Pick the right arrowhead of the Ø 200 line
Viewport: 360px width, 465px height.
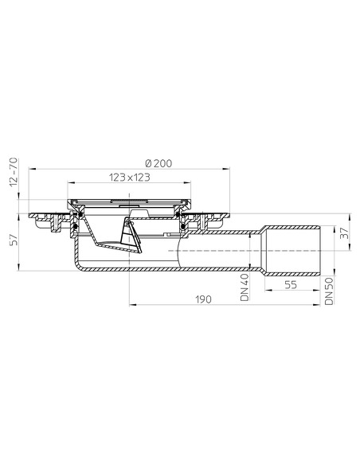(229, 169)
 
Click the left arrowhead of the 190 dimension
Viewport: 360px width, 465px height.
(131, 304)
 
